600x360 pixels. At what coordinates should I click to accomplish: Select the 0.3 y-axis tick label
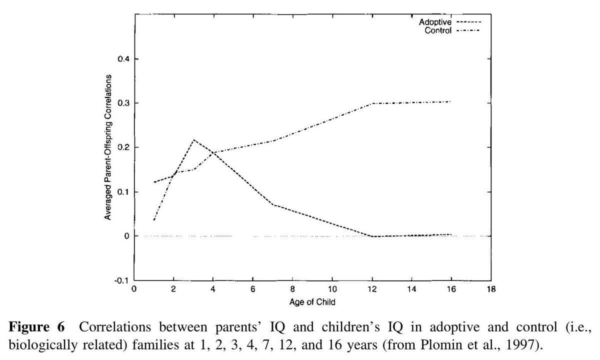(x=122, y=103)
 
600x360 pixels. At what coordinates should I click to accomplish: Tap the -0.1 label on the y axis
(x=121, y=280)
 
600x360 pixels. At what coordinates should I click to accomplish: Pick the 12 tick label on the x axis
(x=371, y=289)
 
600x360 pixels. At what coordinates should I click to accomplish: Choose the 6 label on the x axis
(x=253, y=289)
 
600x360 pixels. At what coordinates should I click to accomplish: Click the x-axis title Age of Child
(x=312, y=302)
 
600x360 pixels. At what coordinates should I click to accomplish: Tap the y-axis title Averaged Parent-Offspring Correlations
(x=107, y=147)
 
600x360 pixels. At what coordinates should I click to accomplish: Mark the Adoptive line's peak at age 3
(x=193, y=140)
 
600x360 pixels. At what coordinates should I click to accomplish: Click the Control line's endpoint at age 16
(x=450, y=101)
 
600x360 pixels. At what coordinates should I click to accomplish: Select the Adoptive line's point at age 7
(x=273, y=204)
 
